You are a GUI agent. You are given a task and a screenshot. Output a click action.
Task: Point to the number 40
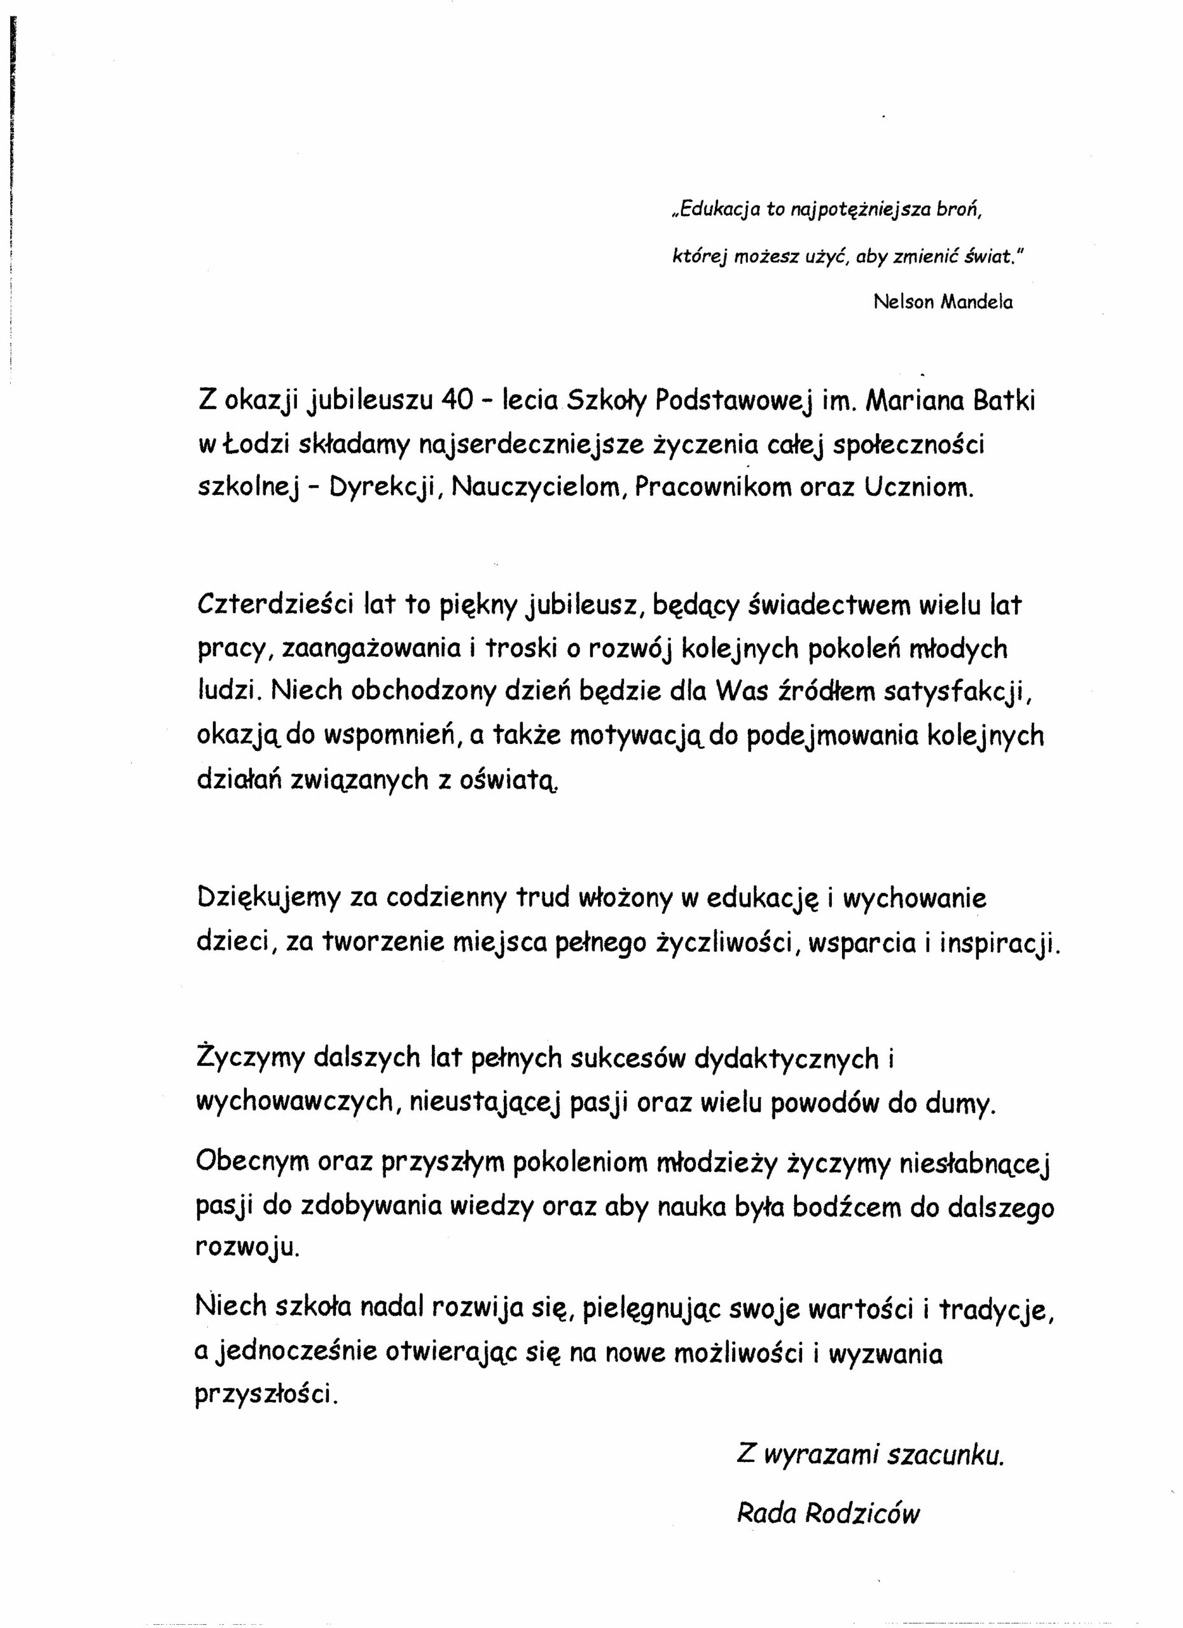point(457,400)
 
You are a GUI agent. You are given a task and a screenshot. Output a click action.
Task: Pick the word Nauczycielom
point(536,488)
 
